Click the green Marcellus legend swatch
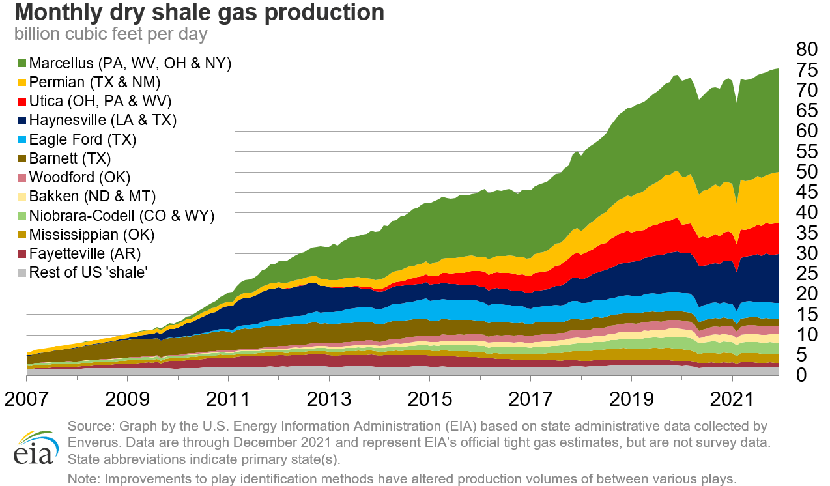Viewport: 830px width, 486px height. [22, 63]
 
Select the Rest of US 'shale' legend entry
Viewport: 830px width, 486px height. [88, 272]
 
